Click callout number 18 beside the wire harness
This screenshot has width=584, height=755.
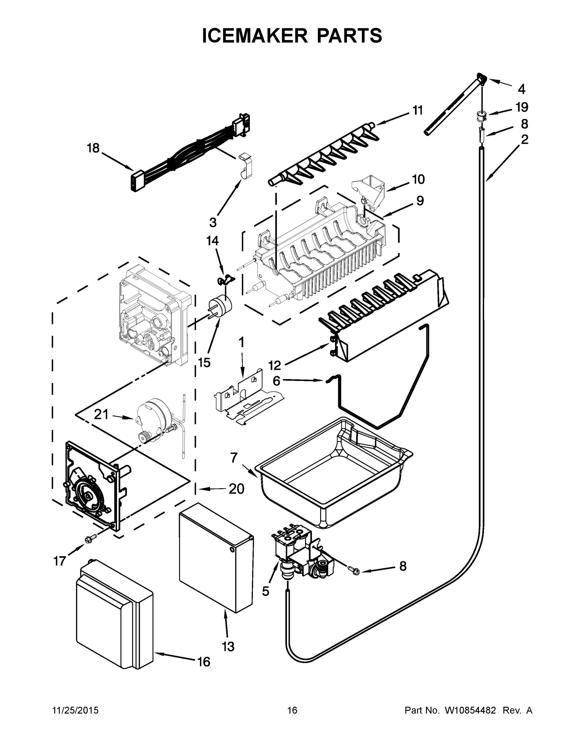click(x=93, y=148)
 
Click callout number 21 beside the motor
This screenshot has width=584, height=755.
click(x=101, y=414)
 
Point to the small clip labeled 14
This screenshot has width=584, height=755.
click(x=225, y=279)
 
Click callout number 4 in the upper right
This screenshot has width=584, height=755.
click(x=521, y=89)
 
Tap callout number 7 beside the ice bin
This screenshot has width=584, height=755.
click(x=234, y=458)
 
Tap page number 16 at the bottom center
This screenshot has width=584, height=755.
click(x=292, y=710)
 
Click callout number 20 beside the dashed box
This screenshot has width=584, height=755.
click(x=236, y=489)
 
